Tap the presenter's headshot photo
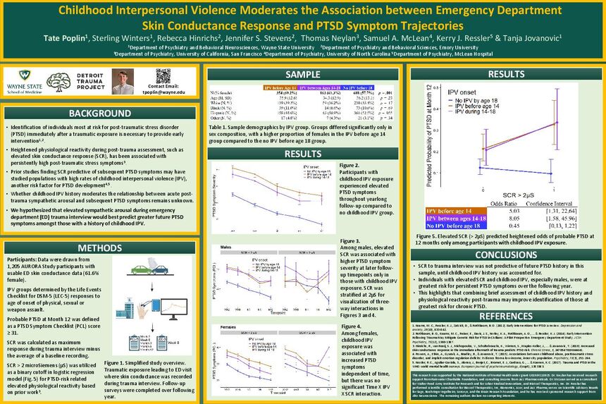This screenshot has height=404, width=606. [124, 81]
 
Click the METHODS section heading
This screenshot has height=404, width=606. [101, 247]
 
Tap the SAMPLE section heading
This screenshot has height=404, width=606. [302, 75]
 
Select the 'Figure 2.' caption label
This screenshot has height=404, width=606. [350, 165]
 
